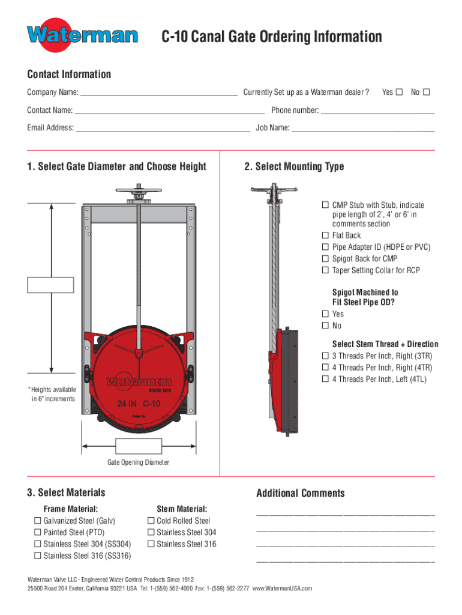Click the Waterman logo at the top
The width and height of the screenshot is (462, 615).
click(82, 35)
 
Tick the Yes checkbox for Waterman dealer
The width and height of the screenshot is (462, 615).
click(400, 92)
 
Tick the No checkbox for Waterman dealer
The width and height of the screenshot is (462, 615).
click(427, 92)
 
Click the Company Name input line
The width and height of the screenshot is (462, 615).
click(159, 93)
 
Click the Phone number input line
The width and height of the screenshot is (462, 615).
click(377, 111)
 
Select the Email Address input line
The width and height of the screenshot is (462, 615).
click(163, 129)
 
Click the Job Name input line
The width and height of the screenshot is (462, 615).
click(363, 129)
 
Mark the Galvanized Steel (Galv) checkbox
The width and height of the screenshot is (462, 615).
click(37, 521)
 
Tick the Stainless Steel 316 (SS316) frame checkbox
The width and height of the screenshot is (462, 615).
click(37, 556)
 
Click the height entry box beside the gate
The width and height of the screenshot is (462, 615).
click(50, 285)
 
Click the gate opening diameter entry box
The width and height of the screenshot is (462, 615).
click(139, 446)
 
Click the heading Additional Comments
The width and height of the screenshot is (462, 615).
click(301, 493)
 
